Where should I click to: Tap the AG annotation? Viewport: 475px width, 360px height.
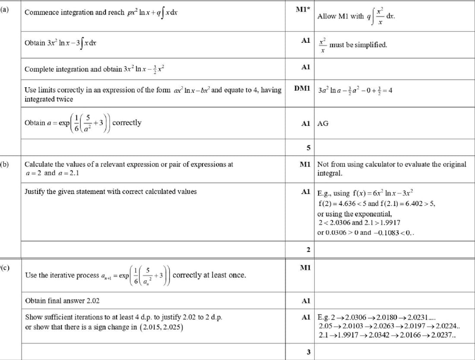[x=323, y=123]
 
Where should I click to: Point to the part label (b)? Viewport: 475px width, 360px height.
[x=4, y=164]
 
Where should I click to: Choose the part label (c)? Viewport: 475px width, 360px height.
[x=4, y=267]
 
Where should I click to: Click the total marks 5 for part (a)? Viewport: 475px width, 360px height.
[x=309, y=148]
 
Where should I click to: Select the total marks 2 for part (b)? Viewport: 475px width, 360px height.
[x=308, y=250]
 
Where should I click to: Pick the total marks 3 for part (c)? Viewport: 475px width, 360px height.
[x=308, y=352]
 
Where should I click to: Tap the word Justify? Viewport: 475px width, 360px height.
[x=35, y=191]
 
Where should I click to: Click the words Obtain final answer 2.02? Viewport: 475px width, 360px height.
[x=63, y=300]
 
